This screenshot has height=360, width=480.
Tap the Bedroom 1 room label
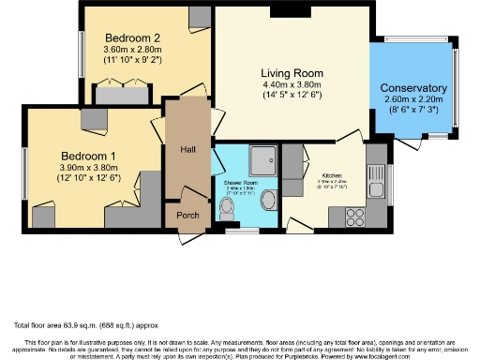89,155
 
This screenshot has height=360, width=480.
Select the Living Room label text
292,73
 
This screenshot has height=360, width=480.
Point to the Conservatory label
412,88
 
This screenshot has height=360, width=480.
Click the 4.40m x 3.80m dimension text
292,85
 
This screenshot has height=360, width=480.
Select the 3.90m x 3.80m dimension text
89,168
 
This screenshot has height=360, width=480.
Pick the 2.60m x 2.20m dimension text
412,101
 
